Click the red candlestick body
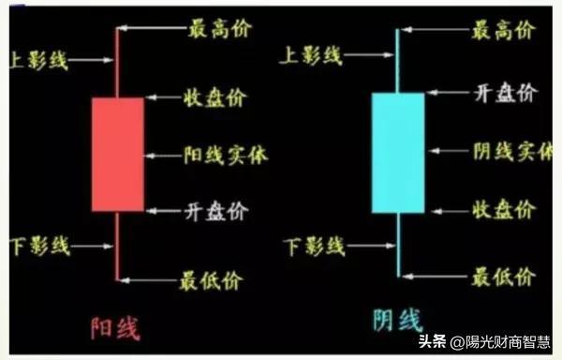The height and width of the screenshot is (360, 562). pyautogui.click(x=118, y=155)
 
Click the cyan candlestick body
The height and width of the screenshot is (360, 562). pyautogui.click(x=398, y=153)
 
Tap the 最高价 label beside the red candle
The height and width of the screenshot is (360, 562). pyautogui.click(x=220, y=29)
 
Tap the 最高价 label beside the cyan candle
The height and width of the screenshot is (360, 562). pyautogui.click(x=504, y=30)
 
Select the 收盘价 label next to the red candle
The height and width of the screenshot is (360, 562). pyautogui.click(x=215, y=97)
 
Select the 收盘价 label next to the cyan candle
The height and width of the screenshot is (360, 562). pyautogui.click(x=504, y=210)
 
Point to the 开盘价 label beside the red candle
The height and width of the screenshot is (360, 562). pyautogui.click(x=216, y=211)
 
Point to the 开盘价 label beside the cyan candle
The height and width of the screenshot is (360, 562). pyautogui.click(x=506, y=93)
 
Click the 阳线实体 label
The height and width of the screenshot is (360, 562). pyautogui.click(x=226, y=156)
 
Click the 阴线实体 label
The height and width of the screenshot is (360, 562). pyautogui.click(x=513, y=151)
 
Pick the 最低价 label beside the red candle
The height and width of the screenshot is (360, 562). pyautogui.click(x=212, y=280)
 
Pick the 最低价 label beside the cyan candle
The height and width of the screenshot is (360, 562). pyautogui.click(x=504, y=277)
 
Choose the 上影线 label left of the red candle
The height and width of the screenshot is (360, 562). pyautogui.click(x=38, y=60)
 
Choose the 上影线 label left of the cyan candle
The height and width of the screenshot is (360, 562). pyautogui.click(x=311, y=55)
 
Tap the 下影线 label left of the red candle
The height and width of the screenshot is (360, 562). pyautogui.click(x=40, y=246)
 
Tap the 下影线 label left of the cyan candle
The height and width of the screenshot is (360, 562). pyautogui.click(x=315, y=247)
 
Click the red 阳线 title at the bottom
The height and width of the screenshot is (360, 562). pyautogui.click(x=115, y=328)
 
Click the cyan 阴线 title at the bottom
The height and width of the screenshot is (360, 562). pyautogui.click(x=398, y=321)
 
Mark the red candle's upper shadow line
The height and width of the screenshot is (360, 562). pyautogui.click(x=117, y=63)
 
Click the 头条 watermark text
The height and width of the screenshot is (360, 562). pyautogui.click(x=432, y=341)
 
